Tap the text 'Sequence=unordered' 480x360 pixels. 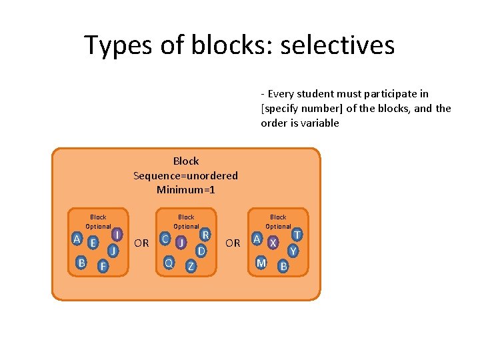coord(185,175)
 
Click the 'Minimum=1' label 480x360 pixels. coord(185,190)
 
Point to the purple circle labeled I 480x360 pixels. coord(117,235)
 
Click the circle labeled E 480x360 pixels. coord(93,242)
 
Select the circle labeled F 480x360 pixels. coord(103,267)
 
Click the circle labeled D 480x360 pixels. coord(201,251)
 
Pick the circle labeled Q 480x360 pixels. coord(169,263)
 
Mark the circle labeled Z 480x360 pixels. coord(191,267)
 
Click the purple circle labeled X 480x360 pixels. coord(273,243)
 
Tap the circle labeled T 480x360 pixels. coord(297,235)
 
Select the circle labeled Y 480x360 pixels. coord(293,251)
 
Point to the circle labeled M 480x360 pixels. coord(262,263)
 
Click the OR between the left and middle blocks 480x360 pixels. coord(141,243)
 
